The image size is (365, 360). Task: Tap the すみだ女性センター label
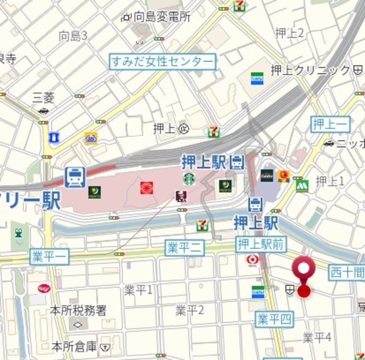[x=163, y=62]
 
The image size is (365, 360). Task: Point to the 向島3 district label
[x=73, y=36]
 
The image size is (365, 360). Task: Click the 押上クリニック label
[x=310, y=69]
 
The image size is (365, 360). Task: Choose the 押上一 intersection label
[x=330, y=124]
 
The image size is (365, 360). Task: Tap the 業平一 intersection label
[x=49, y=257]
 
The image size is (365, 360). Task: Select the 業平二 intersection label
[x=184, y=247]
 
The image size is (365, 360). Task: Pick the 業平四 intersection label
[x=274, y=319]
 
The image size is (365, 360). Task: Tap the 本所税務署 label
[x=78, y=310]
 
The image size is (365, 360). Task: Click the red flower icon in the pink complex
[x=147, y=187]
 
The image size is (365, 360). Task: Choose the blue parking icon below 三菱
[x=54, y=137]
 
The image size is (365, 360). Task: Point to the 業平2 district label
[x=189, y=310]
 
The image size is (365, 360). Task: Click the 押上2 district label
[x=289, y=33]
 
